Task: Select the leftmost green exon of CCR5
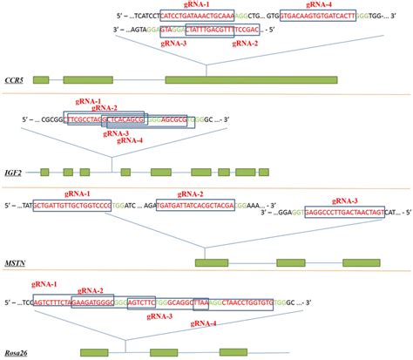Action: [41, 80]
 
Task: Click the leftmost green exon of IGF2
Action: [44, 172]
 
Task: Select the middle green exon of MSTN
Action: [291, 262]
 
